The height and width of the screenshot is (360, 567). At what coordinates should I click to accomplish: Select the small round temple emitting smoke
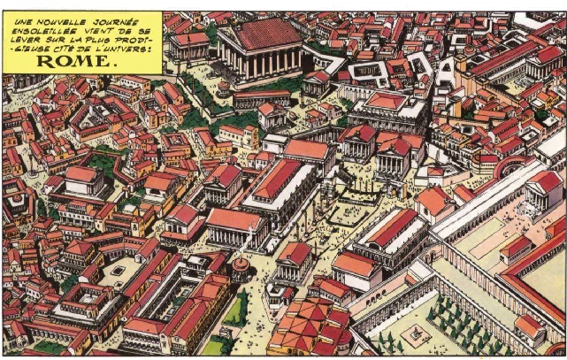point(240,267)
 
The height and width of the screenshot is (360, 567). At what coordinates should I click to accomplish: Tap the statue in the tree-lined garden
point(411,334)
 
